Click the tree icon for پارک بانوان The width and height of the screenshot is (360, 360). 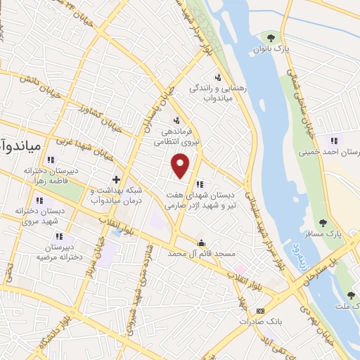[271, 37]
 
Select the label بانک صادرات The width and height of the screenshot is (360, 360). [255, 321]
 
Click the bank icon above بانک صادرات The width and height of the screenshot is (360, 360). [261, 310]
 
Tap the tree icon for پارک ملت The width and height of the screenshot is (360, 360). [351, 296]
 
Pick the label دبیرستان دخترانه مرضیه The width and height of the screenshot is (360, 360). [51, 252]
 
